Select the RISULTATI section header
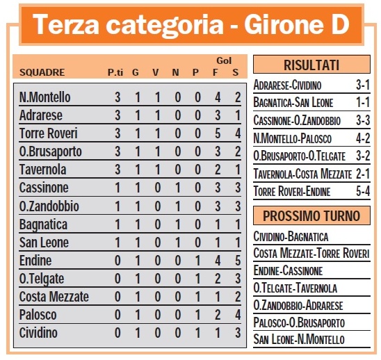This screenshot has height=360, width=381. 311,66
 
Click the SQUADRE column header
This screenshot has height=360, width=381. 42,72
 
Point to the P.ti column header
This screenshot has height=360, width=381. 116,72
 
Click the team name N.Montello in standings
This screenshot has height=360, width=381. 45,97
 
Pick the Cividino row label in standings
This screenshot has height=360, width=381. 39,332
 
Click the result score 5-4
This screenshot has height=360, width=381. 361,191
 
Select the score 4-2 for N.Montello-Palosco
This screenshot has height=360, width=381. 361,138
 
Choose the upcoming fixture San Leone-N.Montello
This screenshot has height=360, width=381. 299,339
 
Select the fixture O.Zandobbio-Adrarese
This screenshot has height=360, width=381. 299,305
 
